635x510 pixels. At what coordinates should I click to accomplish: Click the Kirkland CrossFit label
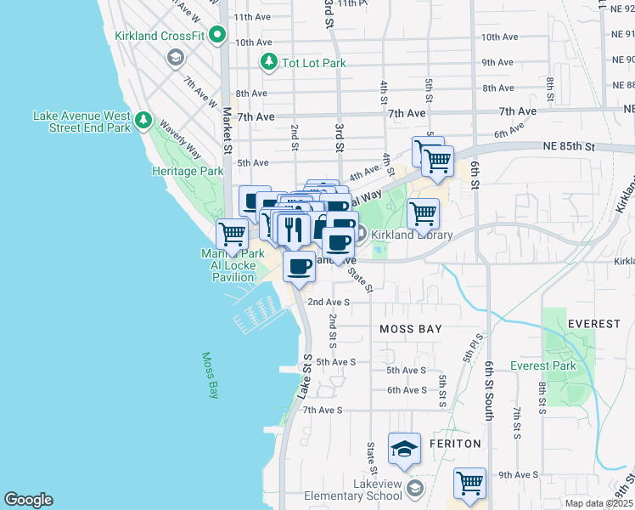(x=160, y=36)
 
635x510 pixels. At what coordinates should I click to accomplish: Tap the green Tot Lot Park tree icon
(x=269, y=62)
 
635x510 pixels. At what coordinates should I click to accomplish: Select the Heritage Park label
(x=188, y=171)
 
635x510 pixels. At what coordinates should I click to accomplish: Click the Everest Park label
(x=543, y=366)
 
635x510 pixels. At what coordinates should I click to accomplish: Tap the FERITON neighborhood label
(x=457, y=444)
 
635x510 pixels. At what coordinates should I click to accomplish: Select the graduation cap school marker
(x=405, y=448)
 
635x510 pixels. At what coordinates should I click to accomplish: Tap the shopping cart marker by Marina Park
(x=232, y=233)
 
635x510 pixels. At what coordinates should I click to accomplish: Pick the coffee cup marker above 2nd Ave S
(x=299, y=266)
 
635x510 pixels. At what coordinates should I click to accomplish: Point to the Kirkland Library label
(x=411, y=235)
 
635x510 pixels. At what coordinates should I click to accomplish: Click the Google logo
(x=28, y=500)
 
